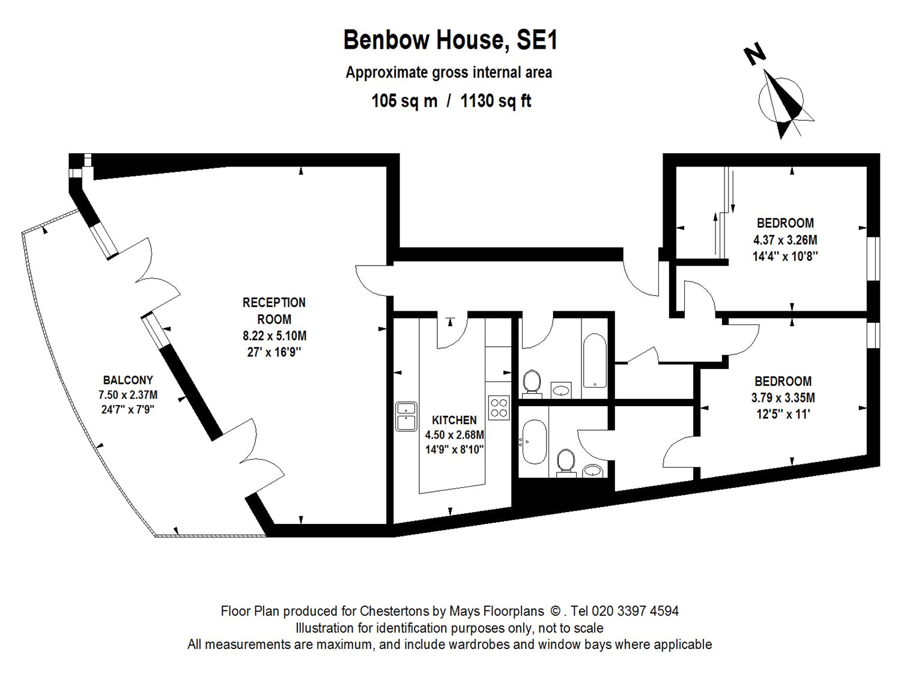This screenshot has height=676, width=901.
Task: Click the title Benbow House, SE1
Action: [x=450, y=40]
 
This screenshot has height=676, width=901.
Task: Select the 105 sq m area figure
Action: [x=404, y=100]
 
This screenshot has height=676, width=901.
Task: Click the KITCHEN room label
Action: [x=454, y=420]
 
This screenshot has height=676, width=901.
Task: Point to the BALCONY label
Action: [x=128, y=380]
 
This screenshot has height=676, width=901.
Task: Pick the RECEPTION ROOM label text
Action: [x=274, y=311]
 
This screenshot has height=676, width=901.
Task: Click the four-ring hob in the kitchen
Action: [x=499, y=407]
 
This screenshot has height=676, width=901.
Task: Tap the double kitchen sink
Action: [x=406, y=416]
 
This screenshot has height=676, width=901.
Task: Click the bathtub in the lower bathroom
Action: [x=535, y=442]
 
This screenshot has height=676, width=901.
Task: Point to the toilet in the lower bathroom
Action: [x=566, y=463]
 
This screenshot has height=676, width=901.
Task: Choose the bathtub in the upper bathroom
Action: [x=595, y=361]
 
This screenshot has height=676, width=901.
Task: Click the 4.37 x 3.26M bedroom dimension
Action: [x=785, y=240]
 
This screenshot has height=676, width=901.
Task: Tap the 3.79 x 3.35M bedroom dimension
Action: [x=783, y=397]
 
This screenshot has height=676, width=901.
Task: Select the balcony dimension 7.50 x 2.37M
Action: [x=128, y=394]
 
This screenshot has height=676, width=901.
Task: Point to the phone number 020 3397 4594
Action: [x=635, y=611]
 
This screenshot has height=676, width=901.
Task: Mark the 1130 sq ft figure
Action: [x=496, y=100]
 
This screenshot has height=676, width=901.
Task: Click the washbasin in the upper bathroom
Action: [x=560, y=390]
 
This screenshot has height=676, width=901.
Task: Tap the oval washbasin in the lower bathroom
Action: [x=592, y=470]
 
